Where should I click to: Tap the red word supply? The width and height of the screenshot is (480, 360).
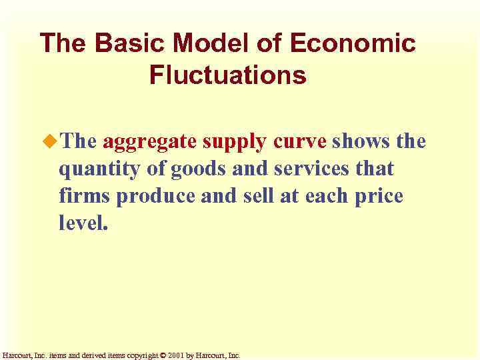[234, 142]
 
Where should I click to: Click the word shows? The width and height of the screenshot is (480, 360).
[361, 142]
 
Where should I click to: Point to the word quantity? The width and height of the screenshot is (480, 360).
[99, 170]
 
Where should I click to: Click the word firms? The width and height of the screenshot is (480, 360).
[83, 197]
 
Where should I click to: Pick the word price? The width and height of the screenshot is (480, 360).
[379, 197]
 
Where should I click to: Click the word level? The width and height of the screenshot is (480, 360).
[82, 223]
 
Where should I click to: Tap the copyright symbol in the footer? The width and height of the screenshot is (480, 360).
[163, 355]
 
